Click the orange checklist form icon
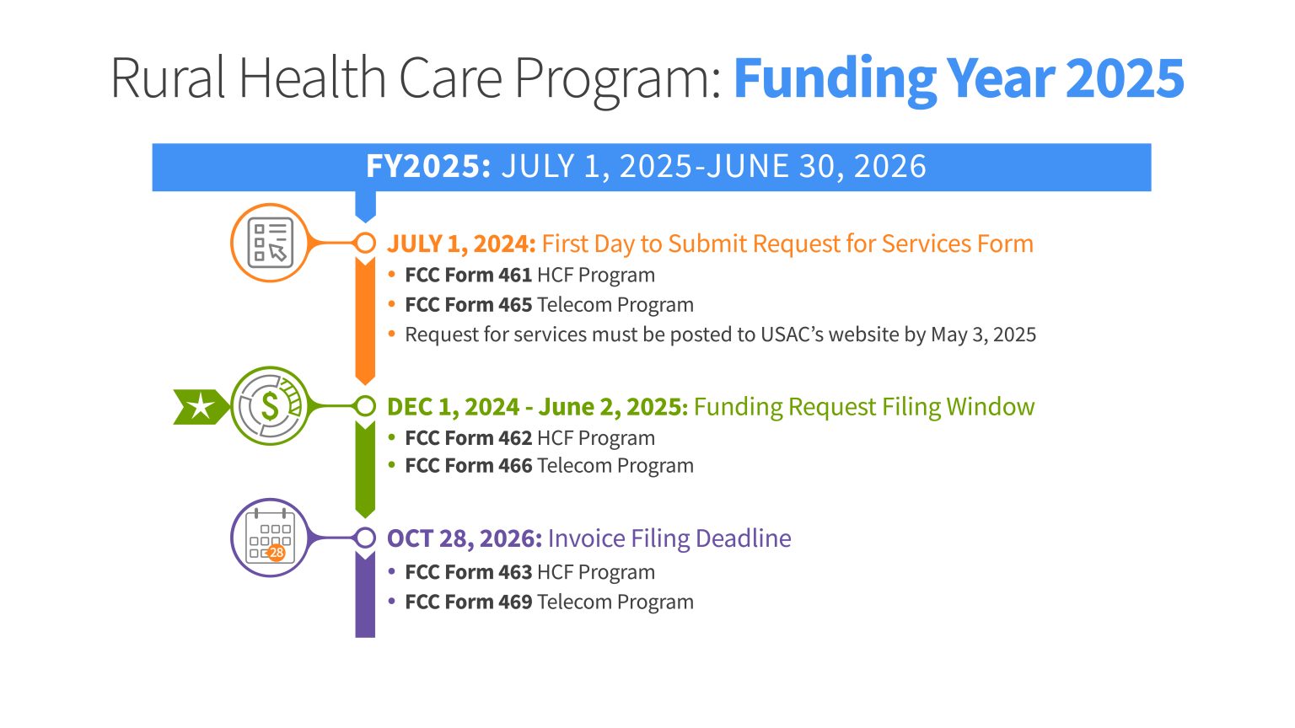point(271,243)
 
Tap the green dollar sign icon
point(271,406)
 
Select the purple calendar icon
point(271,538)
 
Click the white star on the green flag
point(200,407)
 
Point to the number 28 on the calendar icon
point(276,553)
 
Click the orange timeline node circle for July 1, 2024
point(365,243)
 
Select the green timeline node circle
point(365,406)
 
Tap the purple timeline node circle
point(365,538)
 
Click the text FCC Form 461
point(468,276)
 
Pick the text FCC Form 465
point(468,305)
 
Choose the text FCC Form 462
point(468,438)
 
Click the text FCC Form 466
point(468,466)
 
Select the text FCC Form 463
point(468,572)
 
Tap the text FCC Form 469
point(468,602)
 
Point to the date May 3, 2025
point(983,335)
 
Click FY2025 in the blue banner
point(427,167)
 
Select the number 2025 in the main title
point(1125,78)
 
